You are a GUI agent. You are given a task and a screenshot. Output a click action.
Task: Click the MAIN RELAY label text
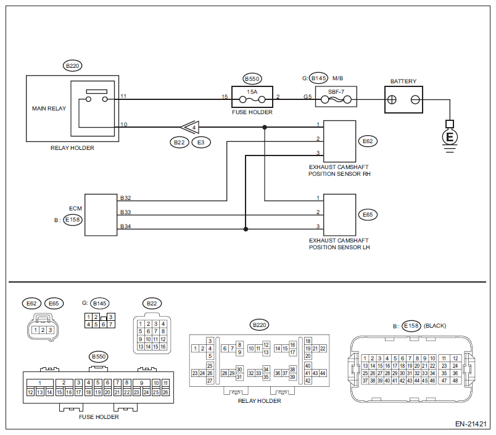coord(49,109)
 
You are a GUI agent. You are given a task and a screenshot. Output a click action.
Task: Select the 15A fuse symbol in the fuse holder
coord(252,100)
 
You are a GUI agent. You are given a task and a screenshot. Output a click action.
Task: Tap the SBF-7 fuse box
coord(336,96)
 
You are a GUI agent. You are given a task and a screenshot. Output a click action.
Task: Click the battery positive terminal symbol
coord(392,100)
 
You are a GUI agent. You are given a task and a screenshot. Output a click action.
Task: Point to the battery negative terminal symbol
coord(415,100)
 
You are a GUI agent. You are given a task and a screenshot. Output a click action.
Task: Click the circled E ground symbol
coord(450,138)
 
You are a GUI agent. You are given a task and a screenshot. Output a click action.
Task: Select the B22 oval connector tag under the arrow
coord(180,143)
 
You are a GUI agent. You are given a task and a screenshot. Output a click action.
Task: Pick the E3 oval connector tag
coord(201,143)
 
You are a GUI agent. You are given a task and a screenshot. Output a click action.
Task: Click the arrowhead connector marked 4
coord(190,127)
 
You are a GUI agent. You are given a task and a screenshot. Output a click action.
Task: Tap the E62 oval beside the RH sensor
coord(368,141)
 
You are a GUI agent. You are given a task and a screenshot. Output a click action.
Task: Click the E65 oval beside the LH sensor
coord(368,215)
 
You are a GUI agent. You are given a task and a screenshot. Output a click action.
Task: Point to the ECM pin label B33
coord(126,212)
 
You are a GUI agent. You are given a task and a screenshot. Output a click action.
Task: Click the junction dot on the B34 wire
coord(246,229)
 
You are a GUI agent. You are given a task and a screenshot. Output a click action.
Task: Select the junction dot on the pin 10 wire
coord(265,127)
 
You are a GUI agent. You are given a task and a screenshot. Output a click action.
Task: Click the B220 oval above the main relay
coord(72,66)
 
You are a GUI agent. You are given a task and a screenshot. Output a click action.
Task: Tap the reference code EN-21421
coord(471,424)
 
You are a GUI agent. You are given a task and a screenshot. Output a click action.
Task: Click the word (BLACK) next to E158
coord(435,326)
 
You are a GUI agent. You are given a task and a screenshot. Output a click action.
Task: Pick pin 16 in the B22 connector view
coord(163,347)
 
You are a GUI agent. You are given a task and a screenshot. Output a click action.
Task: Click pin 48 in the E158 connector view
coord(455,381)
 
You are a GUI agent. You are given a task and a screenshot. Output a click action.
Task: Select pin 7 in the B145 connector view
coord(110,325)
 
